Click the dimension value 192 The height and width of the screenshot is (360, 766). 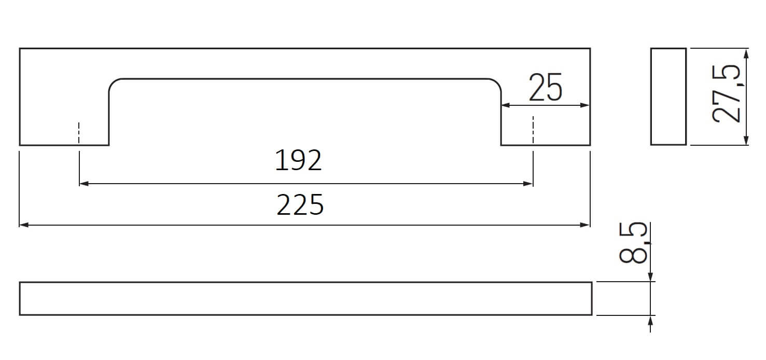298,160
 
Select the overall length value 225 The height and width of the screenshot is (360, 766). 300,205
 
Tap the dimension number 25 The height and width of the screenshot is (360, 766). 546,87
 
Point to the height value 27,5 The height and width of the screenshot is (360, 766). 727,93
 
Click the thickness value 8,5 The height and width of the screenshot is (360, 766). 633,243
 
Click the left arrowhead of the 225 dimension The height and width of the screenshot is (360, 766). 24,225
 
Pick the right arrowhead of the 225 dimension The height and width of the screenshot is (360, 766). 585,225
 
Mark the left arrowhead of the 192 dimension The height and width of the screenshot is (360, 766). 84,184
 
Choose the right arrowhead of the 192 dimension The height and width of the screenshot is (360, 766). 528,184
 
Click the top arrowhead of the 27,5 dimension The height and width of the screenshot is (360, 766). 746,53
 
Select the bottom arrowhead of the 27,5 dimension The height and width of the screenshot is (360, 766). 746,140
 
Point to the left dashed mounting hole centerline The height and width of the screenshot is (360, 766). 79,133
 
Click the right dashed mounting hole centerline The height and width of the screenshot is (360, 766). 533,130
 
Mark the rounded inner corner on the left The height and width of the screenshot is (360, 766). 113,82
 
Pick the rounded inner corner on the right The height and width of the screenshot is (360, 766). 497,82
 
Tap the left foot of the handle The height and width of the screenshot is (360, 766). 64,145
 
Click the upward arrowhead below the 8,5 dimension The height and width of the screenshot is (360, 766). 650,322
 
